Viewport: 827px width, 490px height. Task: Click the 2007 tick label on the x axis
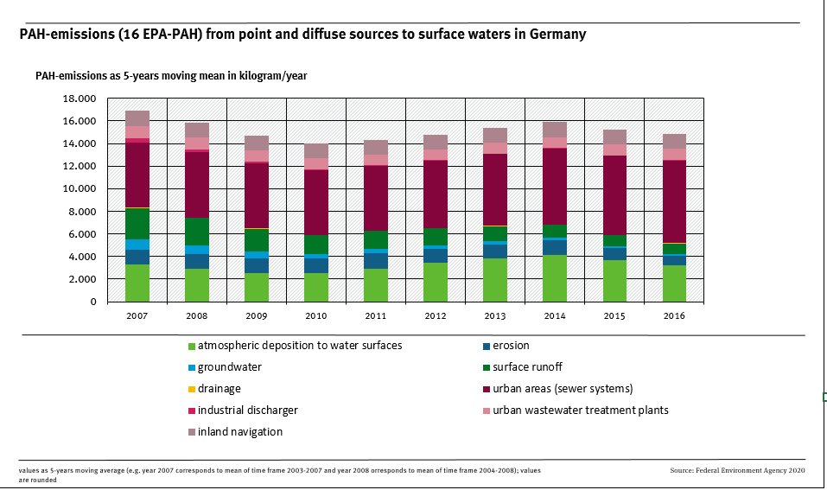[137, 316]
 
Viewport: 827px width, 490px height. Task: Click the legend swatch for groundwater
[193, 367]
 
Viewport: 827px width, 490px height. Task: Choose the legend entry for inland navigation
[240, 432]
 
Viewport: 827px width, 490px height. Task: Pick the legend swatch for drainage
[193, 389]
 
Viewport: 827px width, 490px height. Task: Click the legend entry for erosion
[510, 346]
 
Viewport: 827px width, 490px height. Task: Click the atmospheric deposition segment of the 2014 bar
[555, 278]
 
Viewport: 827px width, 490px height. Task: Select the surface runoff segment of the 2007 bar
[137, 224]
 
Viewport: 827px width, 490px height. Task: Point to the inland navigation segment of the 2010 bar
[316, 150]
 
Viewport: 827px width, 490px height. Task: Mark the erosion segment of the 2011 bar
[376, 261]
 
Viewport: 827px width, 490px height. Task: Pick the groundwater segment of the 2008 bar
[197, 250]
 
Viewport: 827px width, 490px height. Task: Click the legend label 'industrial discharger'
[248, 410]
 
